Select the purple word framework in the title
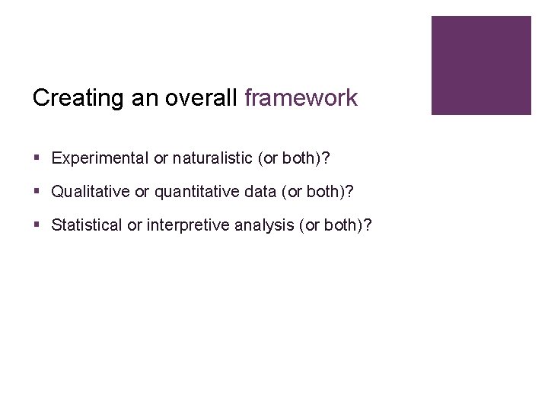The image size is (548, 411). point(301,98)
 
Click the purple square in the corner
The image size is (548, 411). point(481,65)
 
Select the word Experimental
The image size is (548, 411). point(100,158)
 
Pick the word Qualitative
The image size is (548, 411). point(91,192)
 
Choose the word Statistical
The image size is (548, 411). point(86,225)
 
